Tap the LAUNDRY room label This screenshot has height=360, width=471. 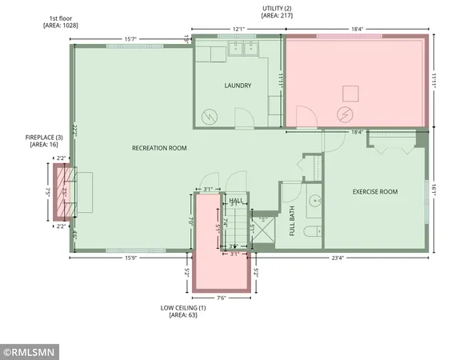click(237, 86)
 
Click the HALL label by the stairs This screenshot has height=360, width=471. click(236, 200)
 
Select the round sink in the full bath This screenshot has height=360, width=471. click(313, 201)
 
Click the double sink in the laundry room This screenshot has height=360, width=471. click(241, 49)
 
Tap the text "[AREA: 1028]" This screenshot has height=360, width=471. click(61, 25)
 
